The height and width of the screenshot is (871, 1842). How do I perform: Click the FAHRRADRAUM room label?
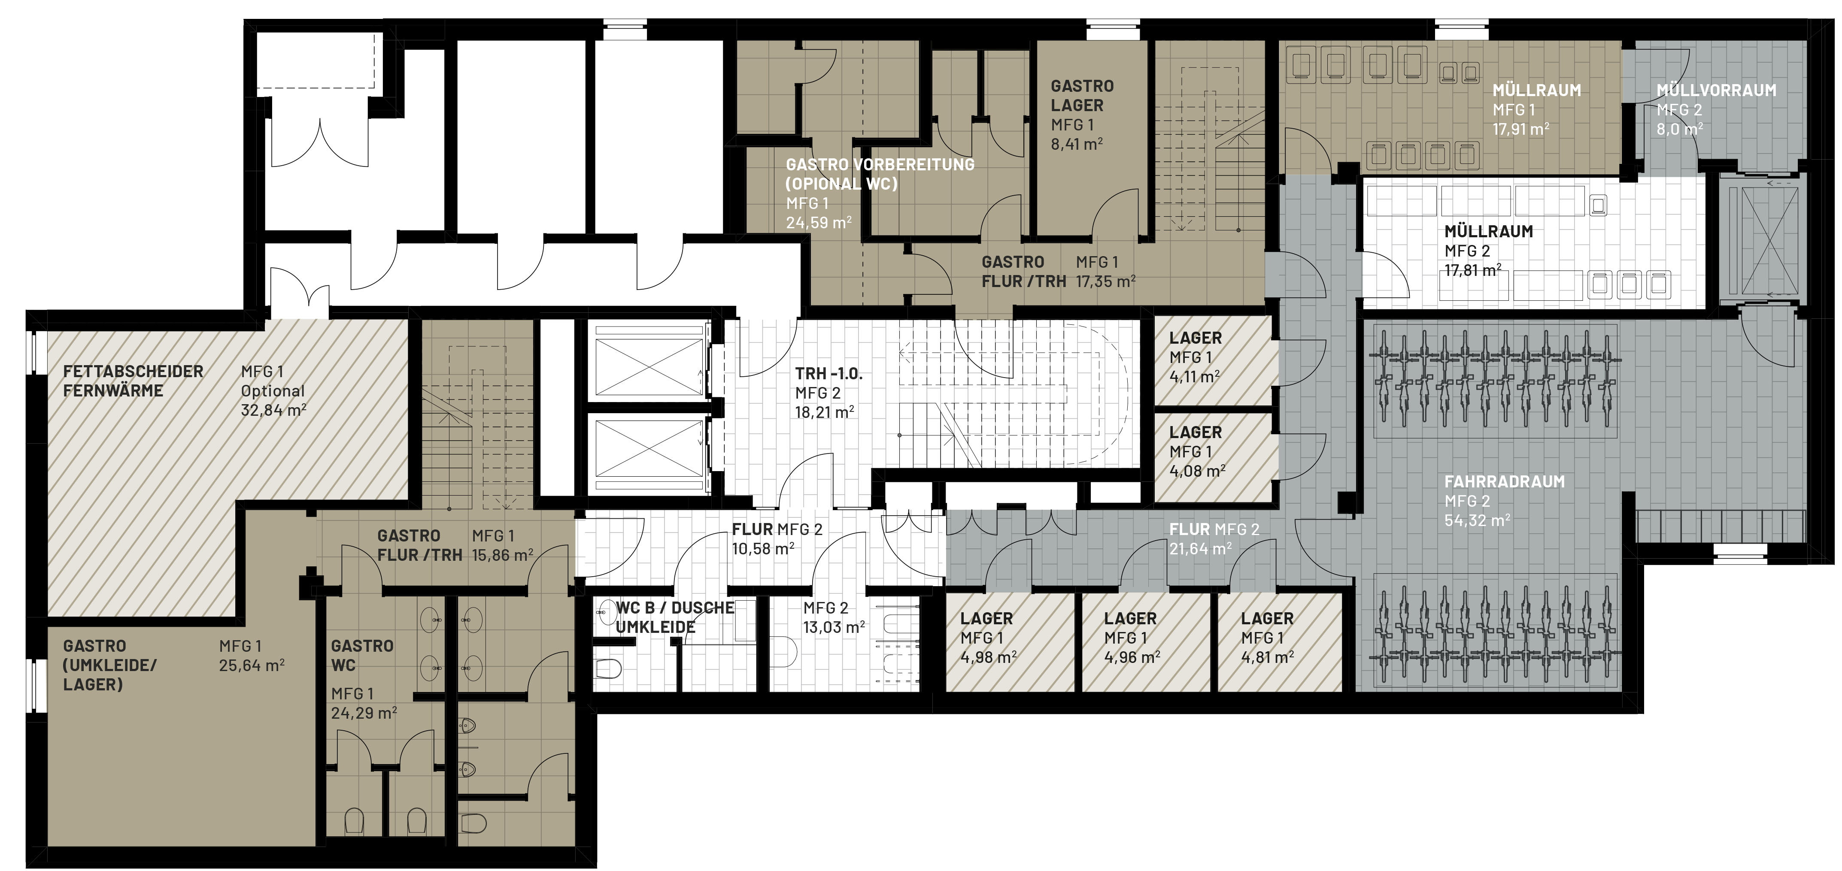pyautogui.click(x=1505, y=481)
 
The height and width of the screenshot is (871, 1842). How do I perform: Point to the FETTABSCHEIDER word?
pyautogui.click(x=133, y=372)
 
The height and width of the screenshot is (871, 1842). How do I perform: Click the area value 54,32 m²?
pyautogui.click(x=1477, y=520)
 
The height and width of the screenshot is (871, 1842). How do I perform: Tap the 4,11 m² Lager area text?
pyautogui.click(x=1195, y=377)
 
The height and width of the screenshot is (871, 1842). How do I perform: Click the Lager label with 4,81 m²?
pyautogui.click(x=1267, y=619)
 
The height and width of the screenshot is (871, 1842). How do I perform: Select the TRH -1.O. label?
pyautogui.click(x=829, y=374)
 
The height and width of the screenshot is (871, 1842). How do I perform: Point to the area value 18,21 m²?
pyautogui.click(x=825, y=412)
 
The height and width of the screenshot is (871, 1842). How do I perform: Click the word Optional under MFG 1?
pyautogui.click(x=273, y=391)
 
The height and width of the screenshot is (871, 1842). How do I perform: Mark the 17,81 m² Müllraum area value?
pyautogui.click(x=1473, y=270)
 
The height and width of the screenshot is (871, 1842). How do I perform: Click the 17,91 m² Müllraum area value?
pyautogui.click(x=1521, y=129)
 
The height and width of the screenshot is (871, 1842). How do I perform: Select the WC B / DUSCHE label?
pyautogui.click(x=675, y=608)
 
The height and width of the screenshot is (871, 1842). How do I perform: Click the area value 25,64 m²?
pyautogui.click(x=252, y=665)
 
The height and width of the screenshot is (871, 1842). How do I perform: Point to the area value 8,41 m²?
pyautogui.click(x=1076, y=144)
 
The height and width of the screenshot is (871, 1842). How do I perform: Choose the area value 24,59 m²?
pyautogui.click(x=819, y=222)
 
